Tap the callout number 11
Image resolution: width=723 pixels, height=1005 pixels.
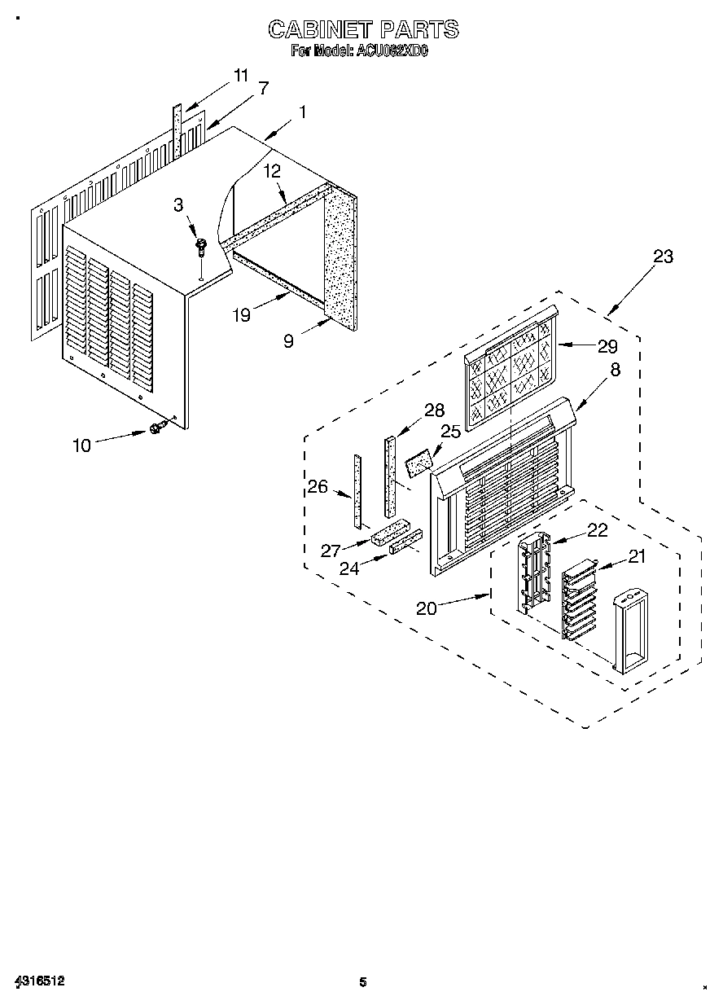tap(240, 76)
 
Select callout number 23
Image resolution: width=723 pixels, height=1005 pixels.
tap(664, 257)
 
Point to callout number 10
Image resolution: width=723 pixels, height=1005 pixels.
tap(82, 445)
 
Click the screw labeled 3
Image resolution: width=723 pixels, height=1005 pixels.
tap(199, 246)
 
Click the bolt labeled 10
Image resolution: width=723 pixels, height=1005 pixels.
tap(157, 428)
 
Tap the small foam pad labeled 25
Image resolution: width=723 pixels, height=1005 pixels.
tap(419, 465)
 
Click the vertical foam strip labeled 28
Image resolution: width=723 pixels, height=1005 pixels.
tap(390, 477)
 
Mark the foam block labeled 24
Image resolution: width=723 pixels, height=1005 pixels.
tap(406, 542)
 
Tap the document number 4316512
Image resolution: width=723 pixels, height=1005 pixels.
tap(40, 981)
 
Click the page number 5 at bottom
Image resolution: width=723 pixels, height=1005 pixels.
tap(363, 982)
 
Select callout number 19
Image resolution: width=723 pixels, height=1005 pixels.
tap(242, 315)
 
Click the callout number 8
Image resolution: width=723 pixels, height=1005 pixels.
tap(615, 369)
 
